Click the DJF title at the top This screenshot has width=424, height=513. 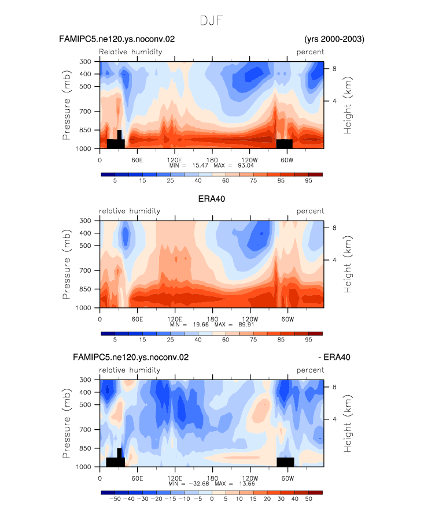click(211, 21)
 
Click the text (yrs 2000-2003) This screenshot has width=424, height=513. click(334, 39)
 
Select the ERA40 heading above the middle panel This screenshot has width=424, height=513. click(212, 199)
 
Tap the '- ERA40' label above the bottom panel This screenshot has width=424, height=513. click(334, 357)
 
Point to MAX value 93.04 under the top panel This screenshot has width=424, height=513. click(246, 166)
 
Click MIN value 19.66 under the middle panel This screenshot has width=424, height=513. click(201, 325)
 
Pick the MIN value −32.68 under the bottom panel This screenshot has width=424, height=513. click(199, 484)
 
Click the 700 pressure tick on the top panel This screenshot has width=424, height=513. click(85, 111)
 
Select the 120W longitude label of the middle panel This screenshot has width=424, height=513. click(250, 319)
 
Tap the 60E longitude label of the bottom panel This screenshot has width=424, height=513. click(137, 478)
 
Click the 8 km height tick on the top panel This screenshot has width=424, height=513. click(334, 69)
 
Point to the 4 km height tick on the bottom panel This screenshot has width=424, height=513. click(334, 419)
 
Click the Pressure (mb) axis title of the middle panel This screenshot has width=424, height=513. click(67, 264)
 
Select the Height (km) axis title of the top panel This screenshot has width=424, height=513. click(347, 105)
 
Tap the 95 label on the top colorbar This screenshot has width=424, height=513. click(309, 181)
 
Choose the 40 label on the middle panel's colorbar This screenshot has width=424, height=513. click(198, 340)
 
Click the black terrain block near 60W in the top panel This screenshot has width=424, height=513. click(284, 144)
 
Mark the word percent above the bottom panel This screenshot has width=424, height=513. click(310, 370)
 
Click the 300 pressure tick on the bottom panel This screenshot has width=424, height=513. click(85, 380)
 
